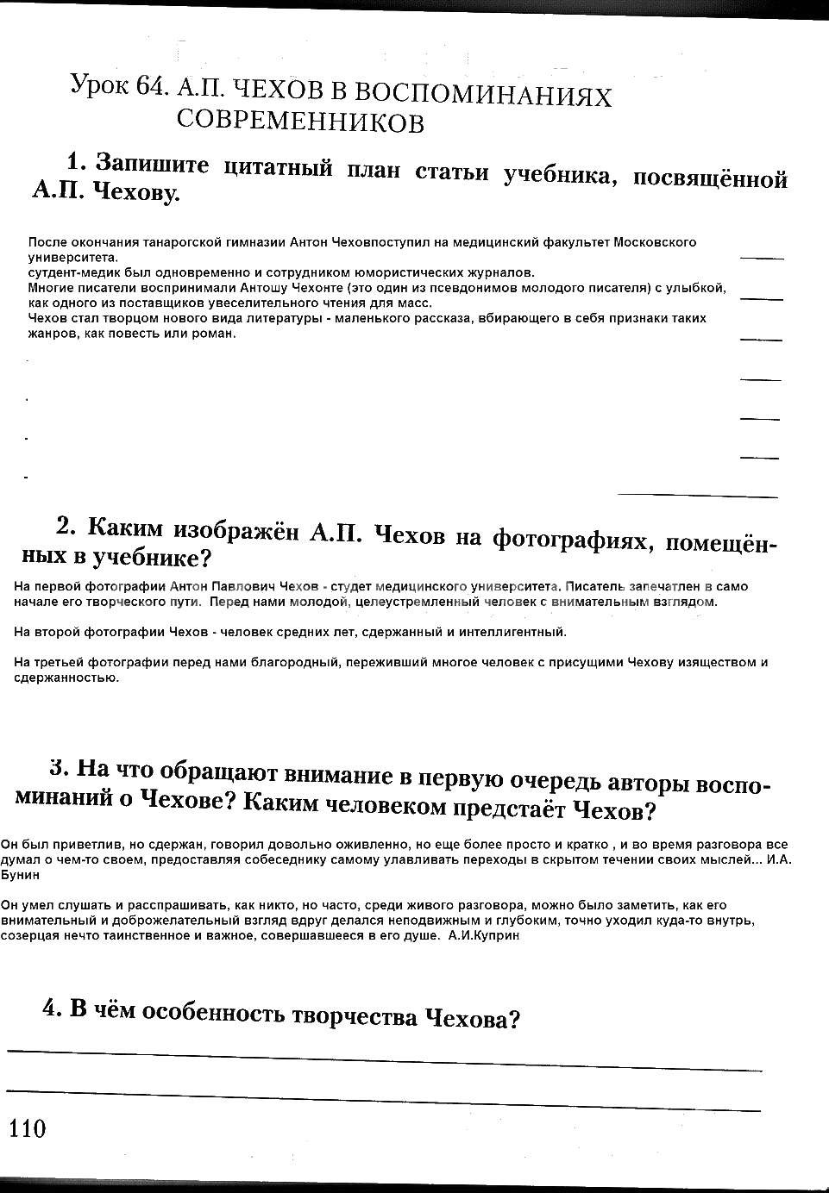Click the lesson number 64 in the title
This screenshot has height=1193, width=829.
148,85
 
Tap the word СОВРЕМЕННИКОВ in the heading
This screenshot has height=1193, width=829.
300,121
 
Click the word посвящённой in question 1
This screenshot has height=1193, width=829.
710,178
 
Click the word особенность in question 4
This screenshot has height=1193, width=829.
216,1015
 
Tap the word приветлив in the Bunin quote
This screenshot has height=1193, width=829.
66,845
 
